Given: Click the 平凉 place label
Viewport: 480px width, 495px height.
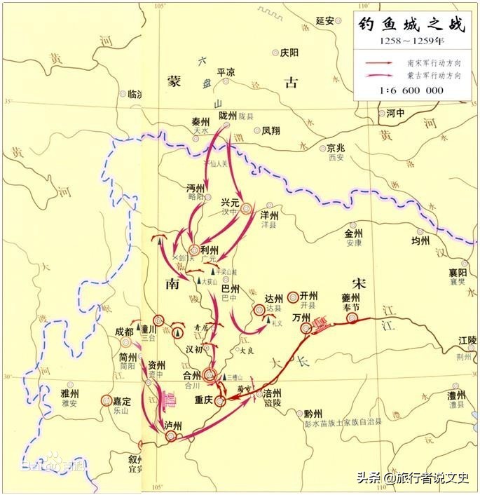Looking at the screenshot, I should click(226, 72).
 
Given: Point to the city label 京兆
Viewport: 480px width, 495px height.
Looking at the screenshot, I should click(337, 149).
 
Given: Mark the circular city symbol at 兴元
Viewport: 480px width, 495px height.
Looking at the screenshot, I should click(246, 209).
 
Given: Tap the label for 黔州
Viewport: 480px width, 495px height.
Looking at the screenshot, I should click(314, 414).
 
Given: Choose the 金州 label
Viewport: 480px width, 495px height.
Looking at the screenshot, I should click(354, 233).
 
